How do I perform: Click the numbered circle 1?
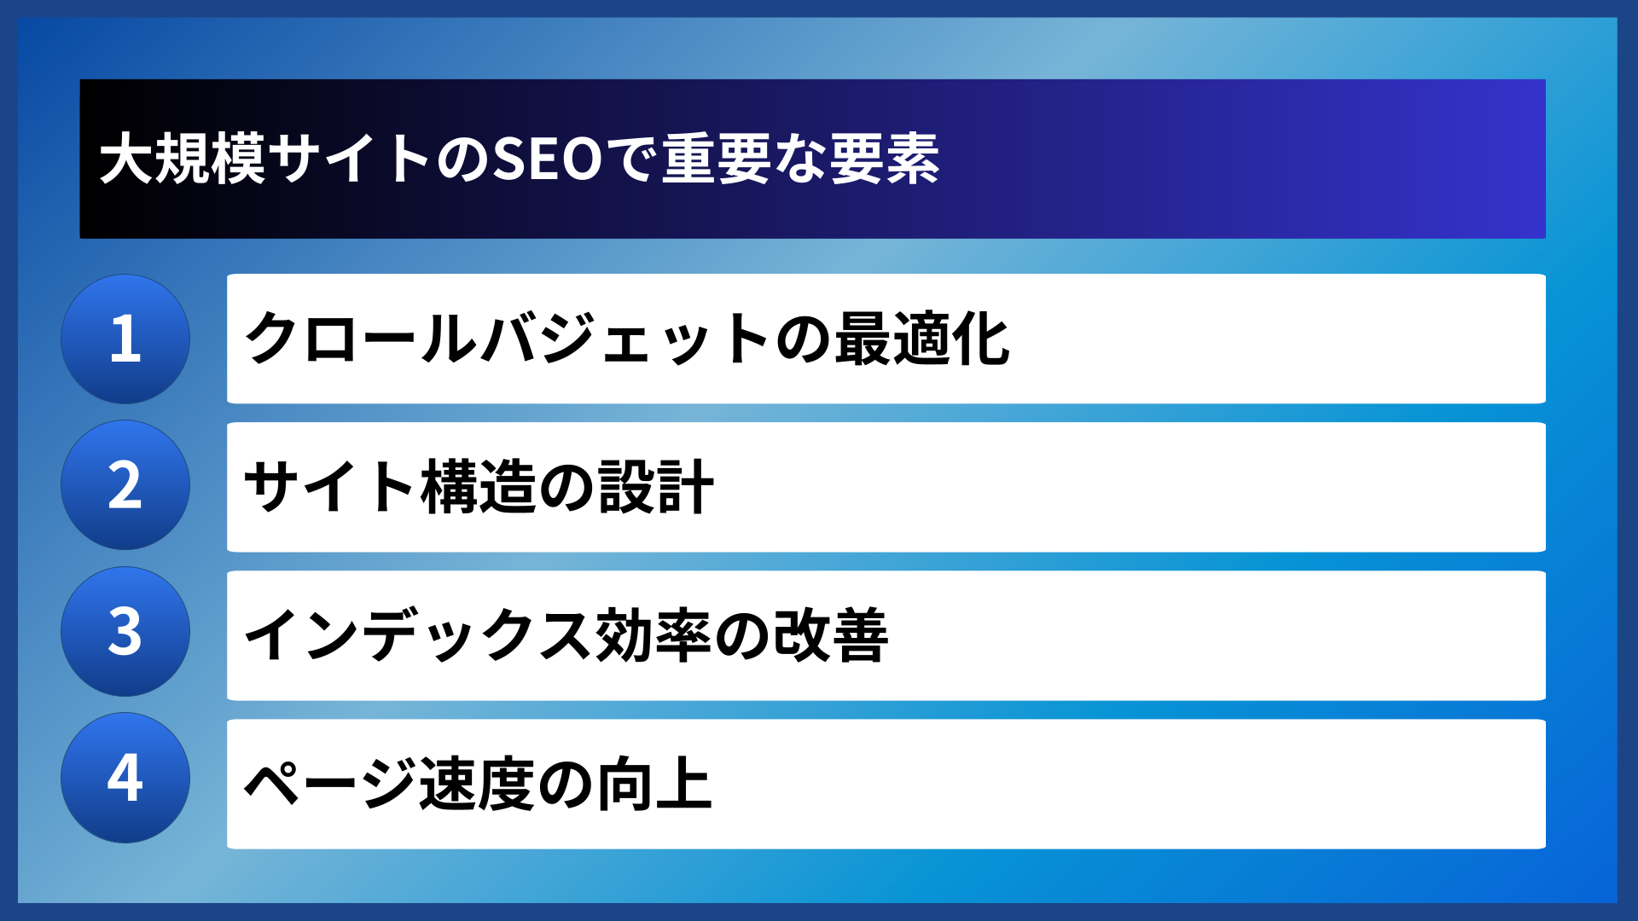[x=125, y=339]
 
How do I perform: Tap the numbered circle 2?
[x=125, y=485]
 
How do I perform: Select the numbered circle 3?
[x=125, y=632]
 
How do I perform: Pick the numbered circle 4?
[x=125, y=778]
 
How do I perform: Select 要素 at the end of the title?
[x=885, y=159]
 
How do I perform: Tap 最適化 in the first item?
[x=922, y=339]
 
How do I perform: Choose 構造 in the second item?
[x=479, y=487]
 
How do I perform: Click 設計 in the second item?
[x=656, y=487]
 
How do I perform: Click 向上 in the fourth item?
[x=654, y=784]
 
